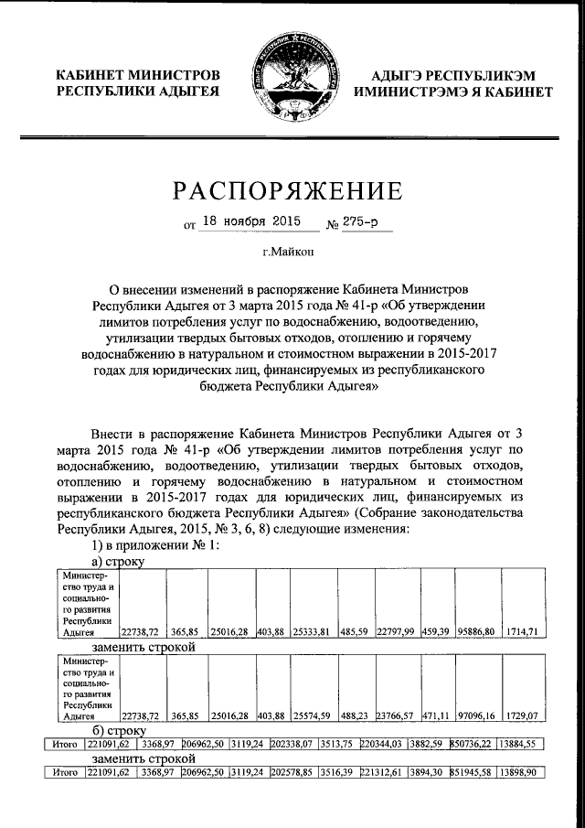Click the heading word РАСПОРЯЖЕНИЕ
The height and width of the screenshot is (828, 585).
292,190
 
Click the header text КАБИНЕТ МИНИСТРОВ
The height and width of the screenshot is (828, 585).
138,74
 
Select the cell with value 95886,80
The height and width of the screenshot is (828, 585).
478,630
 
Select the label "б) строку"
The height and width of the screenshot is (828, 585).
121,732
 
